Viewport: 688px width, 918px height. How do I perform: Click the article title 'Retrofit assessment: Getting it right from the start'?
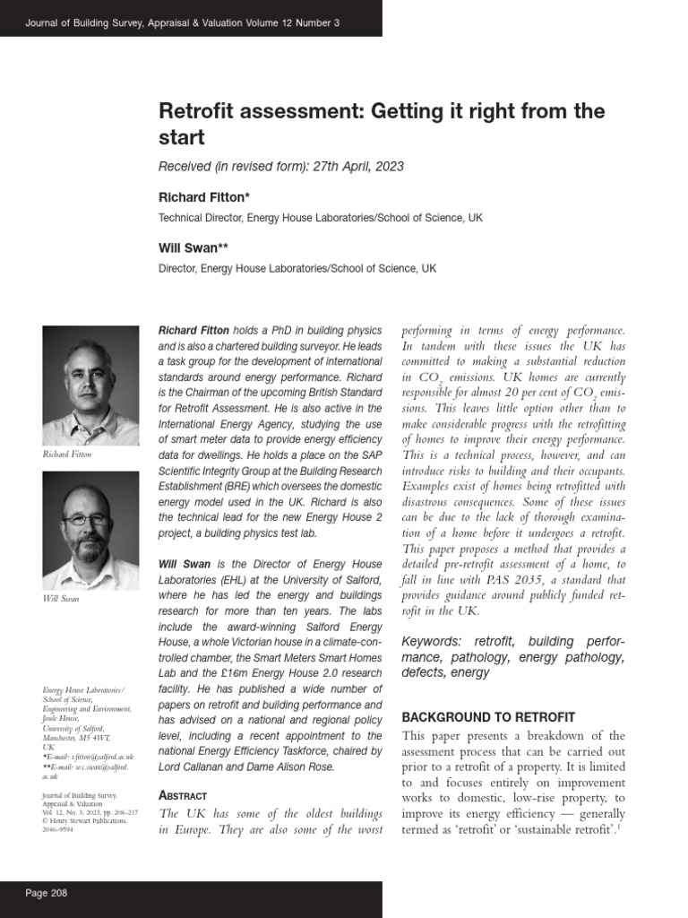(382, 124)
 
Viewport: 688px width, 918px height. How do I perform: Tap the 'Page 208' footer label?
(47, 893)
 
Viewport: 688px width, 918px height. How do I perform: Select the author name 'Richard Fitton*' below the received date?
(204, 196)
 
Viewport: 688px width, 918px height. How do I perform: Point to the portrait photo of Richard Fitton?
(90, 385)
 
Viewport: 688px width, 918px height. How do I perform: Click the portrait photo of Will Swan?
(90, 530)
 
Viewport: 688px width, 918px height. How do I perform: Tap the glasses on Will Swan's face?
(86, 519)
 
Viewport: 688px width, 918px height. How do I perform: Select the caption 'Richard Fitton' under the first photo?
(67, 455)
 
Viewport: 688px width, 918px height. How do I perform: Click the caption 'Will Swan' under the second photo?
(61, 598)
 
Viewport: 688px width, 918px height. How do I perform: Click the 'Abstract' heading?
(183, 795)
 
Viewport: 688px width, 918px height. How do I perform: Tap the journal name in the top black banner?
(183, 22)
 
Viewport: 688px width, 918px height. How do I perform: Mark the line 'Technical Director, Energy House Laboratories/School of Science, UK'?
(320, 218)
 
